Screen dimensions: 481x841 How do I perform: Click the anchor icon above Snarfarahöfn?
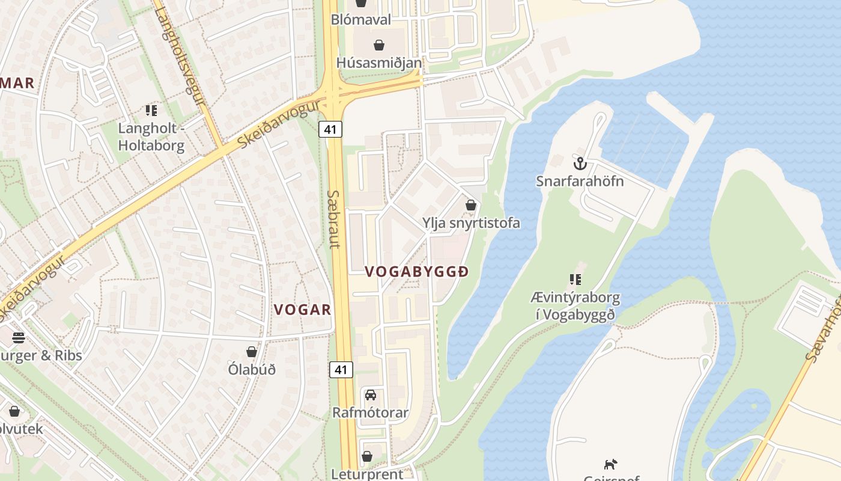[x=580, y=164]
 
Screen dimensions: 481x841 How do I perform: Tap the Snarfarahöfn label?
[x=580, y=181]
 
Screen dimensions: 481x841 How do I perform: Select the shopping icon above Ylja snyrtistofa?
[x=471, y=205]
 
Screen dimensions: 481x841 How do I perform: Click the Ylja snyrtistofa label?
[x=471, y=223]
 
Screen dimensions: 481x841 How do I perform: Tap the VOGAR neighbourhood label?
[x=303, y=310]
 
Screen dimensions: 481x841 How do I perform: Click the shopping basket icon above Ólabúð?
[x=252, y=352]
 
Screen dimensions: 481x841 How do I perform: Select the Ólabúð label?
[x=252, y=369]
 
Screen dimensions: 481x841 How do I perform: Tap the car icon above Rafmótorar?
[x=371, y=395]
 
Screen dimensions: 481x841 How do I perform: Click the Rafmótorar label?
[x=371, y=413]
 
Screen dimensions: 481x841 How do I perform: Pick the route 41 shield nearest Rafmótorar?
[x=341, y=370]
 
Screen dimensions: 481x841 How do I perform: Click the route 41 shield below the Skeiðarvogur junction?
[x=330, y=129]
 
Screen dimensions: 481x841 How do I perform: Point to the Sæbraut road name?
[x=334, y=219]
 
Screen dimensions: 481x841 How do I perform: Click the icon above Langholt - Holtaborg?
[x=151, y=110]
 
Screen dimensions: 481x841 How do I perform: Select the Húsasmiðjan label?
[x=379, y=63]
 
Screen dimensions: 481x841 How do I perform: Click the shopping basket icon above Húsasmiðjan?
[x=379, y=45]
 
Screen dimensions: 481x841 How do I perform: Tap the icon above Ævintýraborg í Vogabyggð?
[x=575, y=280]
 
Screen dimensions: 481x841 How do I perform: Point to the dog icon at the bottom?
[x=610, y=464]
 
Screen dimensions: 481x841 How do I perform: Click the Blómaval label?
[x=361, y=20]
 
